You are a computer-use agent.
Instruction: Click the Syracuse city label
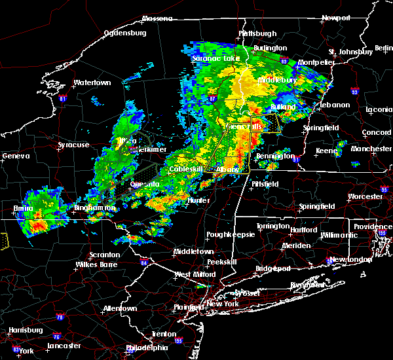tap(73, 145)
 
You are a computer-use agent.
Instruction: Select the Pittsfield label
tap(265, 184)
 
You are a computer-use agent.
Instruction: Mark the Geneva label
tap(16, 156)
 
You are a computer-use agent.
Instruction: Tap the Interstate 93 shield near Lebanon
tap(354, 91)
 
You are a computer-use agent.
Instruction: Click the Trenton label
tap(163, 334)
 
